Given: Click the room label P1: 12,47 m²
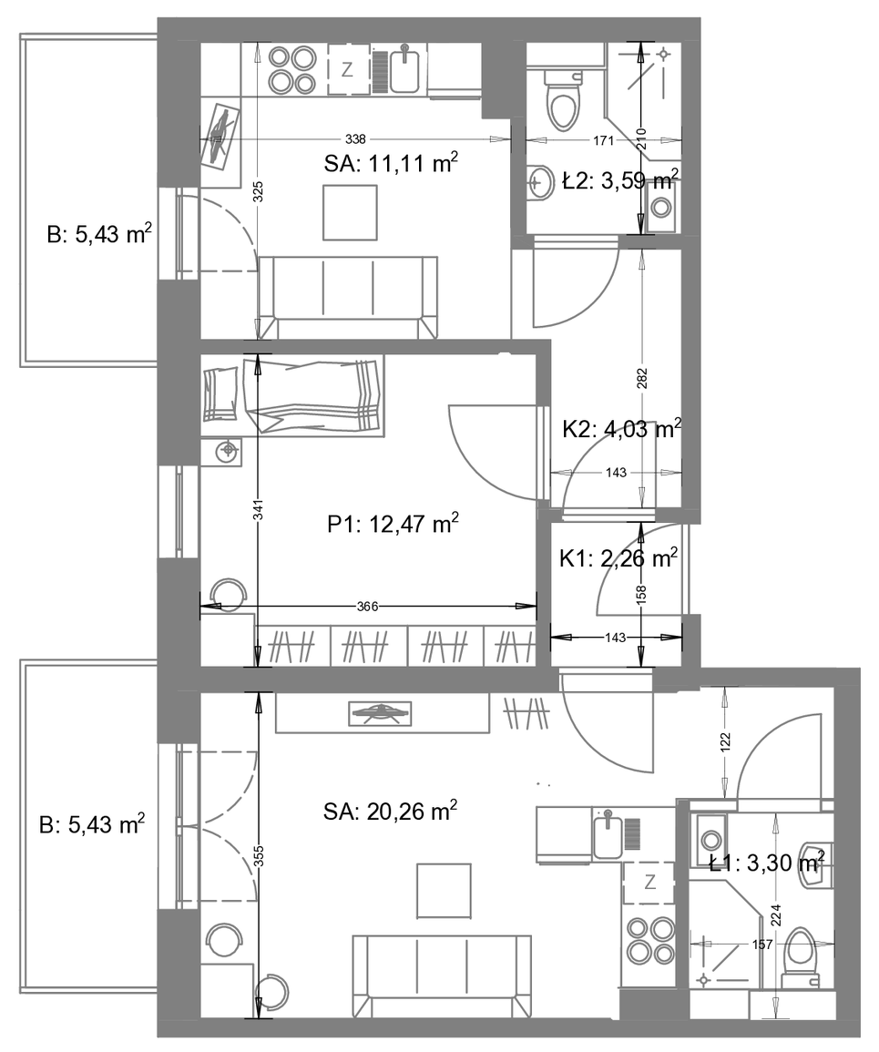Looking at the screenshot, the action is pyautogui.click(x=394, y=523).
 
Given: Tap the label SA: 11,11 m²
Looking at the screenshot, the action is pyautogui.click(x=391, y=163).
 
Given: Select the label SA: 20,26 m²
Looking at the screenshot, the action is pyautogui.click(x=390, y=812).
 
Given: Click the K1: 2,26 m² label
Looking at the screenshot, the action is pyautogui.click(x=618, y=557).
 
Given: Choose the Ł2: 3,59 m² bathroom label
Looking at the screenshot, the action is pyautogui.click(x=620, y=179).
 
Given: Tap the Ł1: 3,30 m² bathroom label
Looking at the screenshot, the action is pyautogui.click(x=766, y=863).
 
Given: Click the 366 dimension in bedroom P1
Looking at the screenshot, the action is pyautogui.click(x=368, y=607).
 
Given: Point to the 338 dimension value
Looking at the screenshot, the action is pyautogui.click(x=355, y=138).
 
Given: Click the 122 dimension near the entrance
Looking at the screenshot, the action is pyautogui.click(x=725, y=740).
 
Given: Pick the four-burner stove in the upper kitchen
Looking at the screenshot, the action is pyautogui.click(x=291, y=69).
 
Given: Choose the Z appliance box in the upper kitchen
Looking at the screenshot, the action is pyautogui.click(x=347, y=69).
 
